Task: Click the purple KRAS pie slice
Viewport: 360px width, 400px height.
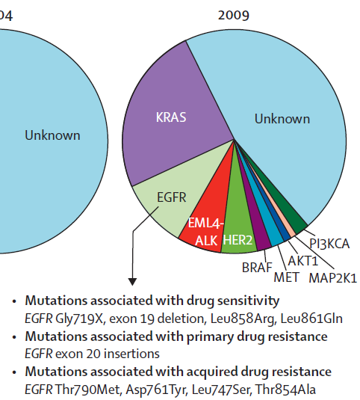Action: (x=173, y=115)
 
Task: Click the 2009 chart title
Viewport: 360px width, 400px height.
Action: (x=233, y=15)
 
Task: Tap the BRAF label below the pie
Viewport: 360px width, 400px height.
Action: (x=257, y=268)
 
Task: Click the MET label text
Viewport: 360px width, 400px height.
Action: (x=286, y=277)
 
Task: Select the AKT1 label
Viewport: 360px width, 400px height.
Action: (x=303, y=261)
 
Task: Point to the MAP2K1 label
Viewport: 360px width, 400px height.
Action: (x=333, y=278)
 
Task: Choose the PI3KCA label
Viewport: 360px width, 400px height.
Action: (x=329, y=244)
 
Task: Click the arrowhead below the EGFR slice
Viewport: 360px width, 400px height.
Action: (x=132, y=282)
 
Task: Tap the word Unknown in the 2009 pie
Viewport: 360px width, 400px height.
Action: (x=282, y=119)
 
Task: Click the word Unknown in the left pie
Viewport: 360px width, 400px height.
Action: (x=52, y=135)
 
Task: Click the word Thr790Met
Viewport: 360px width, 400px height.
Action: (x=87, y=390)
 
